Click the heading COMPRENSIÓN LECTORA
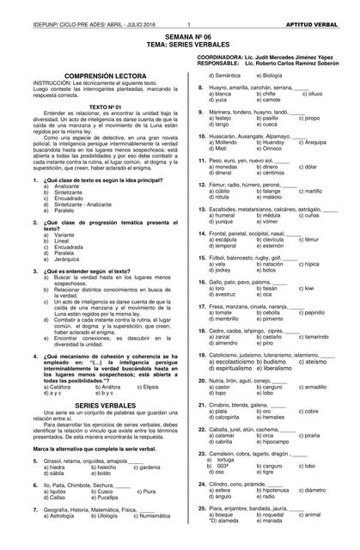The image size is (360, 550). point(89,76)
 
